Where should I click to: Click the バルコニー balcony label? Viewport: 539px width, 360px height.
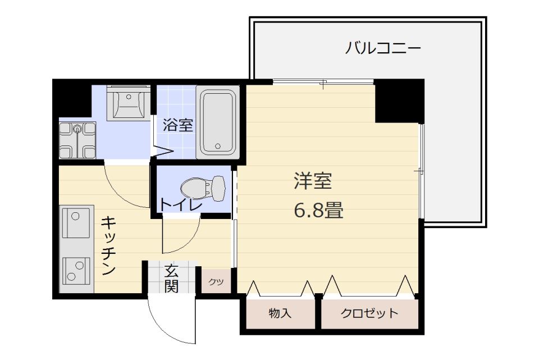tap(382, 48)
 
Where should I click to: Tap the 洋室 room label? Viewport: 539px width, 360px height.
tap(313, 181)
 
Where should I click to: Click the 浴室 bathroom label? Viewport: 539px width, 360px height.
tap(178, 125)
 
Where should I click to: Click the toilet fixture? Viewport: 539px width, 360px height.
tap(203, 188)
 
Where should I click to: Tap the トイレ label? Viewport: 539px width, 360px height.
tap(180, 205)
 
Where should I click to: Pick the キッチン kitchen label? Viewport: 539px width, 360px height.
tap(108, 245)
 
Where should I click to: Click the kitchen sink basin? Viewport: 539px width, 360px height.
tap(76, 222)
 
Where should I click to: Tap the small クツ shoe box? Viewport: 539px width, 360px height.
tap(216, 281)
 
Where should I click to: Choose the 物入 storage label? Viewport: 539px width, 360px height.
tap(280, 313)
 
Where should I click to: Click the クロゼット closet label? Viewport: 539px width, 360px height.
tap(369, 313)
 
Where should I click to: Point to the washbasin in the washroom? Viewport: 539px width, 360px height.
tap(129, 103)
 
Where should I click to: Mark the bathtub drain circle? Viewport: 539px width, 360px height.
tap(218, 146)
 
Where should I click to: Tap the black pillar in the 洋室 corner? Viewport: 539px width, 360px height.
tap(399, 101)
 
